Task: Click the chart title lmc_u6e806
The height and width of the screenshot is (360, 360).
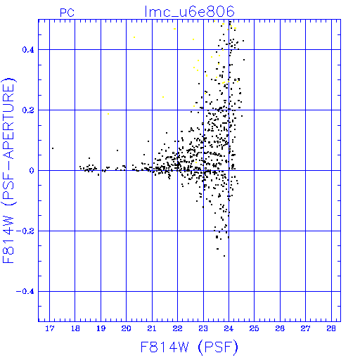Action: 189,11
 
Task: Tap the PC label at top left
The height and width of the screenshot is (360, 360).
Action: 67,13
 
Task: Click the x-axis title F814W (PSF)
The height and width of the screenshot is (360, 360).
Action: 189,347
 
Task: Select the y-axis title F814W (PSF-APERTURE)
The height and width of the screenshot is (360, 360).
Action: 9,171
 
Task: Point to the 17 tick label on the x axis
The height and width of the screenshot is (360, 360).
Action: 50,328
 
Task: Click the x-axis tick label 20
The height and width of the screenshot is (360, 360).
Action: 127,328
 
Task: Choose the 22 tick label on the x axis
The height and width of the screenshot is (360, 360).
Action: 177,328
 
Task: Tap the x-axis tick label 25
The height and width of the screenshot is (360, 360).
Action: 255,328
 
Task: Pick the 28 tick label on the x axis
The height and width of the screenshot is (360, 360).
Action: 331,328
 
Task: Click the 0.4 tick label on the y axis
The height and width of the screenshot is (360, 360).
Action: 28,50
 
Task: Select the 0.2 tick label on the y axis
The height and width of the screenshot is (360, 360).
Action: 28,110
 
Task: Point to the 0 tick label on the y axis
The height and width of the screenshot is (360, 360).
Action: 32,171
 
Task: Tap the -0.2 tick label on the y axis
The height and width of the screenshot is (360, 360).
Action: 25,231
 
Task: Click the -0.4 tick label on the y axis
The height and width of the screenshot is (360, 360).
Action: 25,292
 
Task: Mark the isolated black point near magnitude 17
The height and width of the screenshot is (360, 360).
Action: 53,148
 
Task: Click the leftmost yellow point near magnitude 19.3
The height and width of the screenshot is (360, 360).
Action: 108,114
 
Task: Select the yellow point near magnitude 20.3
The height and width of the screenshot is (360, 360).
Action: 134,37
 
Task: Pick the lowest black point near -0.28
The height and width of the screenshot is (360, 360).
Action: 224,256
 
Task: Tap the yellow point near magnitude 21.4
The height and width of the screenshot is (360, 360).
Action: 163,97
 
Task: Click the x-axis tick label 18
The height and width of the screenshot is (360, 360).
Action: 75,328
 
